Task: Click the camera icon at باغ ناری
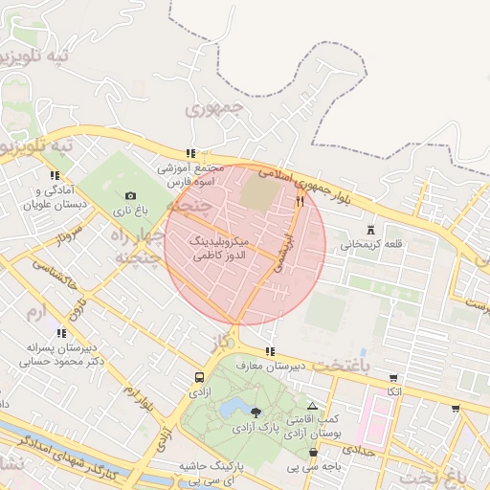(131, 196)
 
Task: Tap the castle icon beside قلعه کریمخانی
(371, 230)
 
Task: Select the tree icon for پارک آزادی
(256, 412)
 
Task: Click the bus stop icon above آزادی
(199, 377)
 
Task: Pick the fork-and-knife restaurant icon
(301, 201)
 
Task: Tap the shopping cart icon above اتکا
(393, 377)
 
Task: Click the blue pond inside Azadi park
(233, 411)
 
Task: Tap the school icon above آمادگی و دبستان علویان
(54, 175)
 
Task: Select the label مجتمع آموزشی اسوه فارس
(191, 174)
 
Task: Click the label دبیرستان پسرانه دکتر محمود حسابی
(62, 355)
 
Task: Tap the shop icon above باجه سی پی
(313, 453)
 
